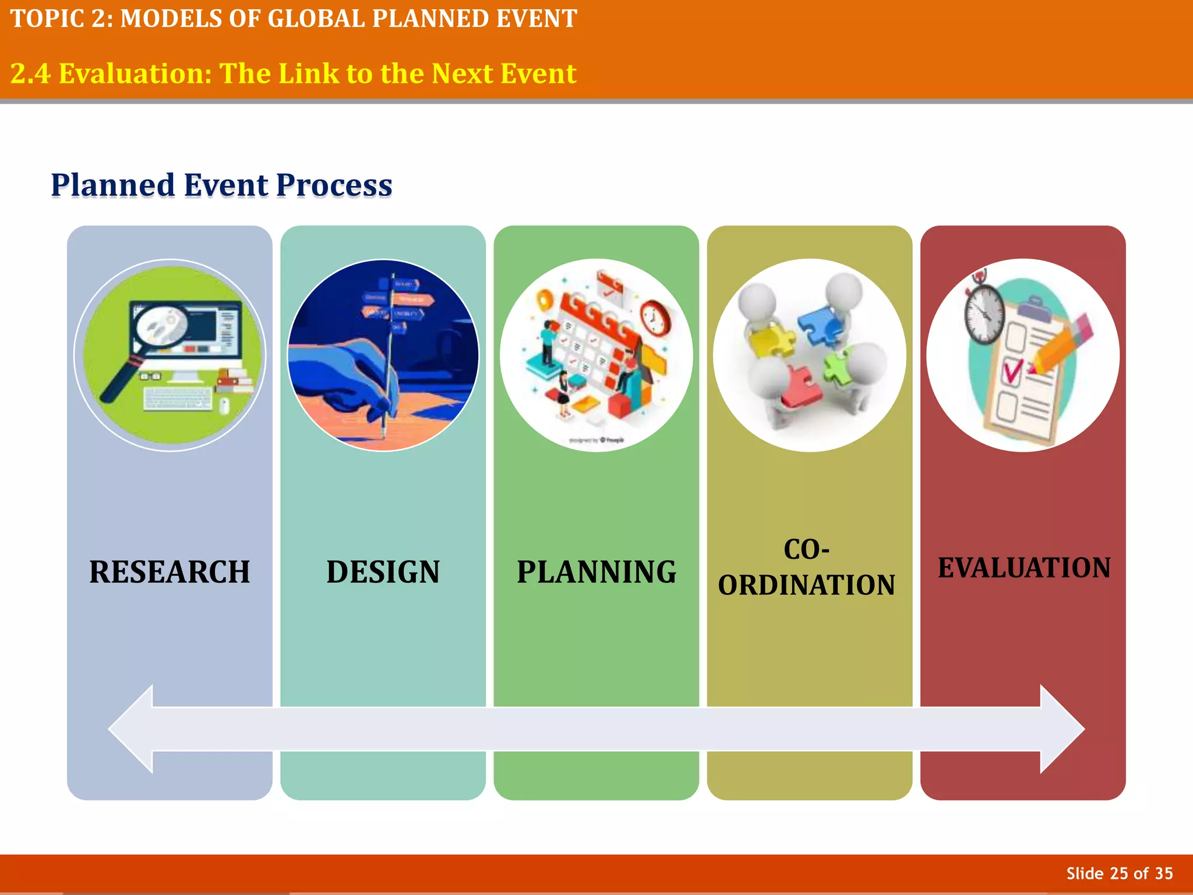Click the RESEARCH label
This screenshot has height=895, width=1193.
170,572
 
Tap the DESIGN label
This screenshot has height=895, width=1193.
383,572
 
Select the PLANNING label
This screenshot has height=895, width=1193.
596,572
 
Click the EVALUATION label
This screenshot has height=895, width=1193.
1024,568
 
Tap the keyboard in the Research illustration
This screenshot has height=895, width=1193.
178,399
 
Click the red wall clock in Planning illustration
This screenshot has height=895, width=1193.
656,318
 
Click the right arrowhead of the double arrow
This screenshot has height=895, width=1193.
1061,729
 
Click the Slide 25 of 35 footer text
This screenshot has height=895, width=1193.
1119,873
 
